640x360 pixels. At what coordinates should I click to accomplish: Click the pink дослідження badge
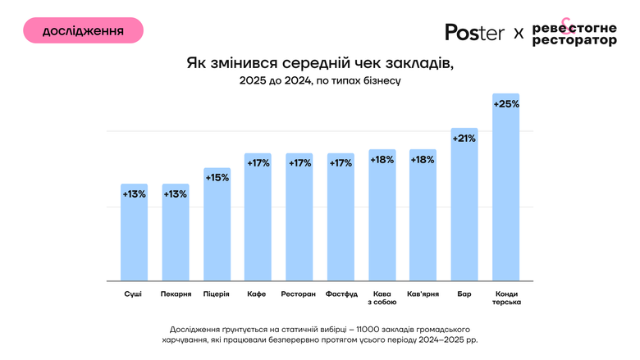coord(83,30)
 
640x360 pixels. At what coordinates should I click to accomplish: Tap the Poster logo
coord(475,32)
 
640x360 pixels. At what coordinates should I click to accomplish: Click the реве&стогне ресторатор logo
coord(574,34)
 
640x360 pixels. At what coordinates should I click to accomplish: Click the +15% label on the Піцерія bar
coord(217,178)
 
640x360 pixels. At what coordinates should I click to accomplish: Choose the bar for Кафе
coord(258,221)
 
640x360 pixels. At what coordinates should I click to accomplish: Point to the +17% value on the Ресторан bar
coord(299,163)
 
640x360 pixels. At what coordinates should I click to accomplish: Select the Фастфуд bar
coord(341,221)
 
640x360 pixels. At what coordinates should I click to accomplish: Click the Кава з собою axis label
coord(382,297)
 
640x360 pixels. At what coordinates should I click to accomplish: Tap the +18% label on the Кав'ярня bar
coord(423,160)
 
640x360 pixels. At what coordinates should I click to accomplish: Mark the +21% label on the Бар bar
coord(464,139)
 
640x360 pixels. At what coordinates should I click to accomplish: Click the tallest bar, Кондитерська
coord(505,197)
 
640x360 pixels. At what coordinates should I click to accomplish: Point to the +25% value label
coord(505,104)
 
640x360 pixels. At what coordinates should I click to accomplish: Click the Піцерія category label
coord(217,293)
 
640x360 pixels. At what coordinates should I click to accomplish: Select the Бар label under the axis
coord(464,293)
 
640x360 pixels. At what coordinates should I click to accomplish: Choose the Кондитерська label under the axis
coord(505,297)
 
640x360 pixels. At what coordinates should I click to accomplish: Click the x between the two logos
coord(518,33)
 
